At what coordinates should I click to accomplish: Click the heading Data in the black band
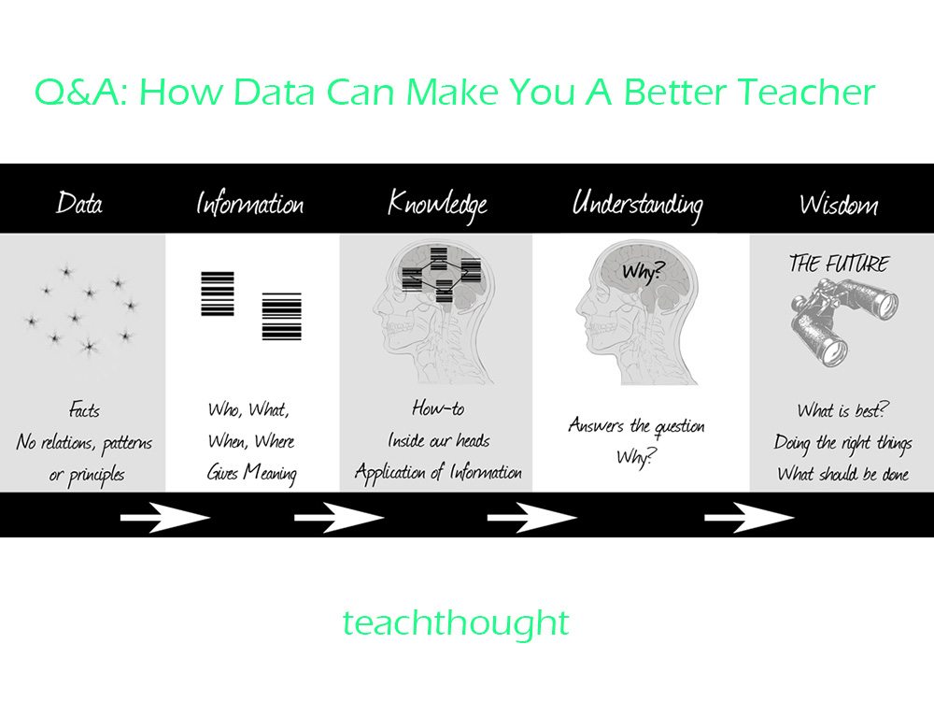point(79,203)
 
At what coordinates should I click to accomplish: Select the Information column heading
point(250,203)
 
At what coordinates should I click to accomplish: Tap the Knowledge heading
point(437,205)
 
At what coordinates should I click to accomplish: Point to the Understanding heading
point(637,205)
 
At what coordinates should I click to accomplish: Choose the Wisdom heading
point(839,204)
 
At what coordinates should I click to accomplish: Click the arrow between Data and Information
point(165,517)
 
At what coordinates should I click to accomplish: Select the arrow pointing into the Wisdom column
point(749,517)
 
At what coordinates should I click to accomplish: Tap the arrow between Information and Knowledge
point(339,517)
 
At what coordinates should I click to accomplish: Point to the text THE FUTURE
point(839,264)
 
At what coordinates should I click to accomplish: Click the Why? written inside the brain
point(642,272)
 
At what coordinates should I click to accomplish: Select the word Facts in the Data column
point(84,409)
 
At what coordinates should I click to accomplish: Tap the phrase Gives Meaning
point(251,473)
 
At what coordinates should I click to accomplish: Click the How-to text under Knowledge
point(438,408)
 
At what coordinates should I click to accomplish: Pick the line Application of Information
point(438,471)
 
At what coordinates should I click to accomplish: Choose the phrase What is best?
point(842,410)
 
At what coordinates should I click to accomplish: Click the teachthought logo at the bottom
point(456,622)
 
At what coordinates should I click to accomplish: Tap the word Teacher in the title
point(807,92)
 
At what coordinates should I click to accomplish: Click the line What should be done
point(842,474)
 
